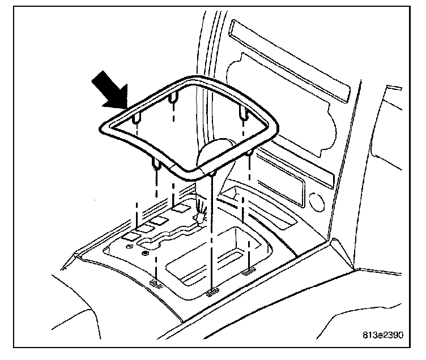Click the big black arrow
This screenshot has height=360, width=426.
(110, 88)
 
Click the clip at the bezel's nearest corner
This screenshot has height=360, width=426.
(212, 172)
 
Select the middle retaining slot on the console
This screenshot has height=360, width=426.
(211, 292)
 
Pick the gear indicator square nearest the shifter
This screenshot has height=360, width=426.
(181, 209)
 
